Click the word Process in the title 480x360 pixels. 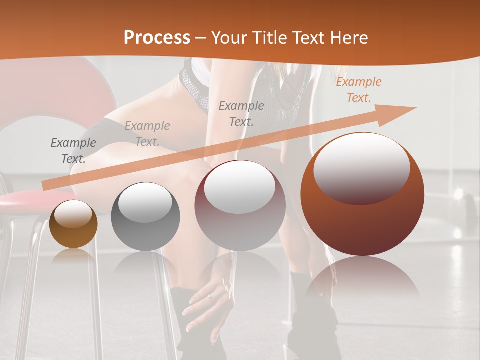pos(157,38)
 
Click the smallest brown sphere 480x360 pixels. pos(73,225)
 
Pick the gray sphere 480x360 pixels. pos(145,217)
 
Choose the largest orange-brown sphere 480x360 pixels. pos(362,195)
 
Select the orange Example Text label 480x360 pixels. pos(358,90)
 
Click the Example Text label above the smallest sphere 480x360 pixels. pos(73,150)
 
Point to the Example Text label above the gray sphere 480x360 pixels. pos(147,133)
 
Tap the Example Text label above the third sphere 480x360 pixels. pos(241,113)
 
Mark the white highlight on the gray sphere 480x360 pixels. pos(145,202)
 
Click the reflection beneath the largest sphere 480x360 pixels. pos(362,280)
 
